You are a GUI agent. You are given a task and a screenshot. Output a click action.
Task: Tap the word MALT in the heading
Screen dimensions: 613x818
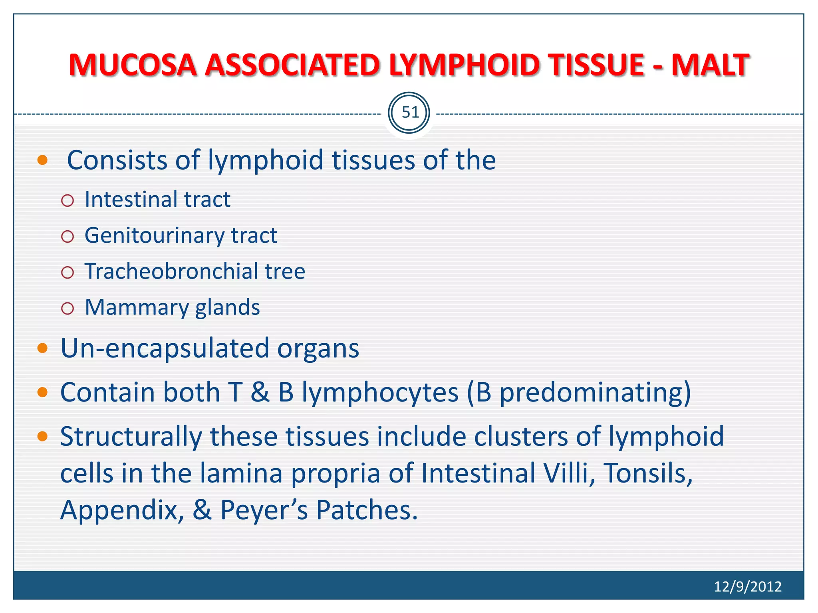tap(710, 65)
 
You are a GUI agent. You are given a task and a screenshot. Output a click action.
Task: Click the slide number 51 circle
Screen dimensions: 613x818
tap(409, 113)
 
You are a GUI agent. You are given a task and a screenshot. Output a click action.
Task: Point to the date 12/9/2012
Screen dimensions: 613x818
tap(747, 587)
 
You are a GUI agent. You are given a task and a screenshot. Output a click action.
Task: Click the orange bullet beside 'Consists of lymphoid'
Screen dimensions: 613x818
tap(42, 160)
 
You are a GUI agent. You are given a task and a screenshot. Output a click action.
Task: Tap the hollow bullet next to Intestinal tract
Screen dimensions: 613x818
tap(68, 200)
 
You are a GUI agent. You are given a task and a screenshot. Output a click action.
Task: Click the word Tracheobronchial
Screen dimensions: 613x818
tap(172, 271)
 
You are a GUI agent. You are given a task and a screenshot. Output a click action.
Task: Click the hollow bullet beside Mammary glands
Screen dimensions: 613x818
tap(68, 308)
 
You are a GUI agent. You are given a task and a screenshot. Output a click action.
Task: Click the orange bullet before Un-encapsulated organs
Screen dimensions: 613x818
tap(42, 348)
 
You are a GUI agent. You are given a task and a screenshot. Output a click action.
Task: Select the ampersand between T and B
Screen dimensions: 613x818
tap(260, 392)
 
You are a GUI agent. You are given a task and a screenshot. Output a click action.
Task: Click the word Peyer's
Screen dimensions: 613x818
tap(264, 510)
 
